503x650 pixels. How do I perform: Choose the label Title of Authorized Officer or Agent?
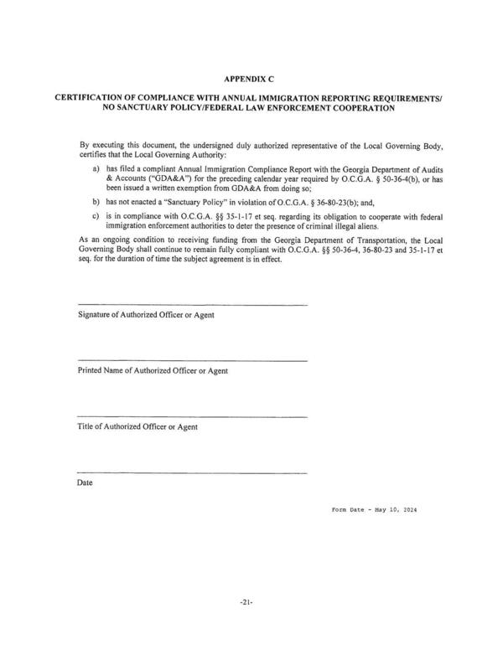click(x=137, y=426)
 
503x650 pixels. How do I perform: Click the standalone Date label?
click(x=86, y=483)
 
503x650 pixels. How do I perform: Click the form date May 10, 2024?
click(x=398, y=510)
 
